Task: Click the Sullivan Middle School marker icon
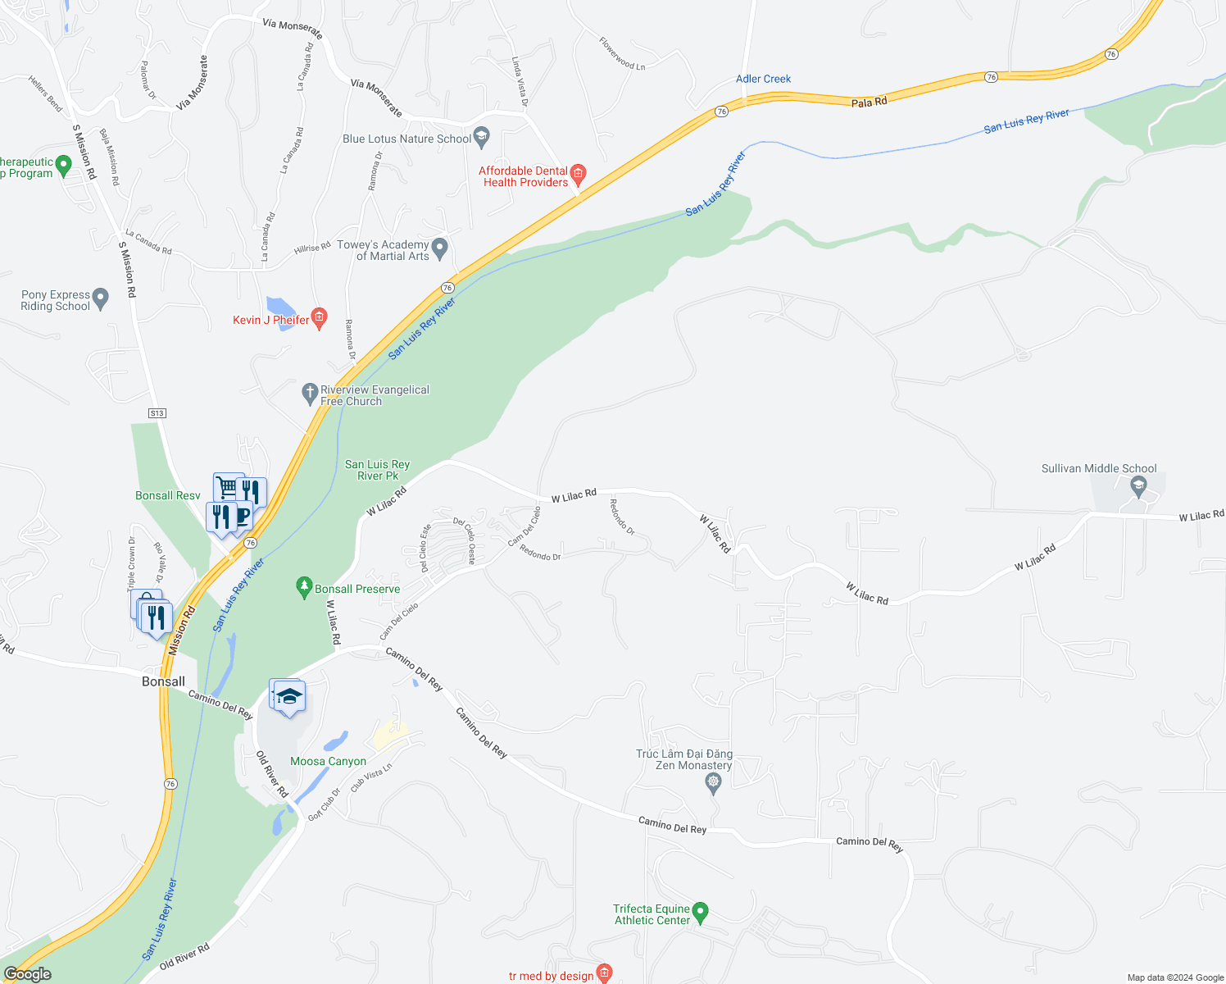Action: click(x=1137, y=486)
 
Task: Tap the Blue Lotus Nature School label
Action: click(x=406, y=139)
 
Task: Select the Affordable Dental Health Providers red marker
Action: click(x=579, y=173)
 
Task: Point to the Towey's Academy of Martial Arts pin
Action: click(x=440, y=247)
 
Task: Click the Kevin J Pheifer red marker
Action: click(x=320, y=317)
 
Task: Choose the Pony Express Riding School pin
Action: click(x=101, y=298)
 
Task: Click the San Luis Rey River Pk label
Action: click(x=377, y=470)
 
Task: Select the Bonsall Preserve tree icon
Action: click(x=304, y=586)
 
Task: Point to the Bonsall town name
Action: click(x=163, y=681)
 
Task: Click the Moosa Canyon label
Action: click(x=328, y=761)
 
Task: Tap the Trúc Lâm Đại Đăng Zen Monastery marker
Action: click(x=713, y=783)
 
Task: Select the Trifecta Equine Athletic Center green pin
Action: click(x=700, y=912)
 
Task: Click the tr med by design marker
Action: click(x=604, y=973)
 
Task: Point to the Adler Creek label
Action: click(x=763, y=79)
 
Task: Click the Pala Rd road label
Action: click(x=869, y=102)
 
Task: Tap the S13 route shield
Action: click(x=157, y=413)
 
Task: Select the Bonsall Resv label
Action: click(x=167, y=495)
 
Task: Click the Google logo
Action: click(x=28, y=973)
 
